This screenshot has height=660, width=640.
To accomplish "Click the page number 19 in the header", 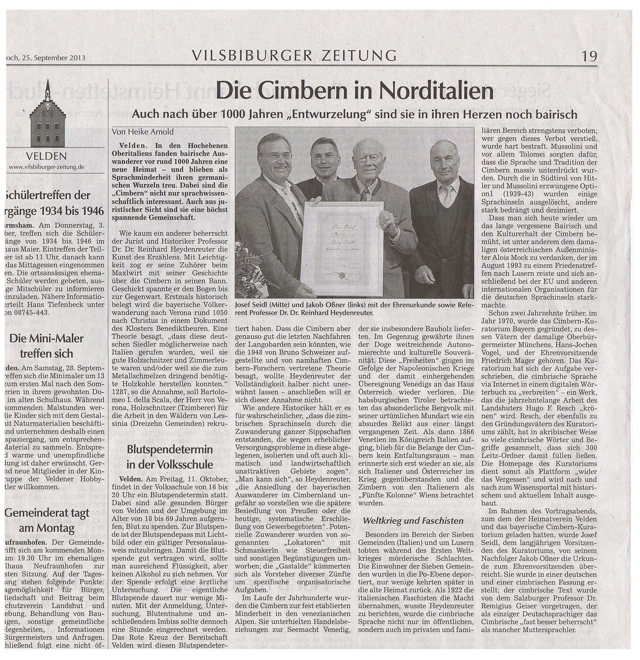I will pyautogui.click(x=589, y=56).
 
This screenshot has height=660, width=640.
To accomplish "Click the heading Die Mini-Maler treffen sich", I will pyautogui.click(x=46, y=346).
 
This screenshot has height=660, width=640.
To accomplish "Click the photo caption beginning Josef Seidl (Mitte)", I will pyautogui.click(x=354, y=309).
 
